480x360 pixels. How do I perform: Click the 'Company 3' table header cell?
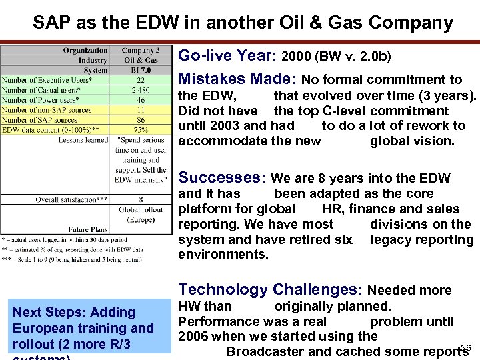pyautogui.click(x=141, y=51)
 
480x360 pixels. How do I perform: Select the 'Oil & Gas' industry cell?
pyautogui.click(x=141, y=60)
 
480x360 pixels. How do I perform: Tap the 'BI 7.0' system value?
pyautogui.click(x=141, y=70)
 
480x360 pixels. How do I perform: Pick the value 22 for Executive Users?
pyautogui.click(x=141, y=80)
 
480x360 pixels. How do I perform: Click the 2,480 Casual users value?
pyautogui.click(x=141, y=90)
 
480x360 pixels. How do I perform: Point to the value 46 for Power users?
pyautogui.click(x=141, y=100)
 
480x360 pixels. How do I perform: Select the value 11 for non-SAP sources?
pyautogui.click(x=141, y=110)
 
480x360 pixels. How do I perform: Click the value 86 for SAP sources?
pyautogui.click(x=141, y=120)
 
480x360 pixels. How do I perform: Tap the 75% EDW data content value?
pyautogui.click(x=141, y=130)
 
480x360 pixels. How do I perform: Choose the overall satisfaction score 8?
pyautogui.click(x=141, y=199)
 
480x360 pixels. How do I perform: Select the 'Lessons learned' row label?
pyautogui.click(x=83, y=140)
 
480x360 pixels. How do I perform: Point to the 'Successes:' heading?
pyautogui.click(x=222, y=177)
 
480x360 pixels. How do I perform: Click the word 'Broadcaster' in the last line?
pyautogui.click(x=266, y=351)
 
